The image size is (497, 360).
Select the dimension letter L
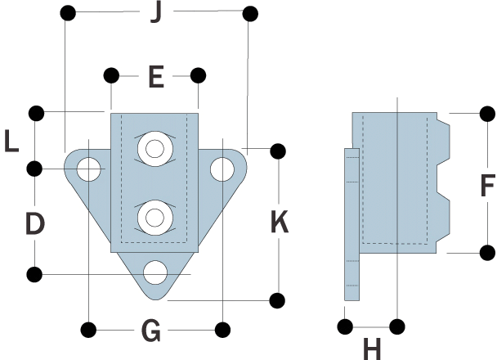[11, 142]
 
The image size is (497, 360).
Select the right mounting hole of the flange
[221, 169]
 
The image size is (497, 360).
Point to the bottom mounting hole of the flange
[155, 272]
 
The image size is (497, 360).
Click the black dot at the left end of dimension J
[69, 14]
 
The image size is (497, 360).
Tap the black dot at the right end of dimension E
[198, 76]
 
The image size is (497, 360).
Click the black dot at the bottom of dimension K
[278, 299]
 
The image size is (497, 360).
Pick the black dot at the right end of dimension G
[222, 330]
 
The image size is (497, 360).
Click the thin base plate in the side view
[351, 225]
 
